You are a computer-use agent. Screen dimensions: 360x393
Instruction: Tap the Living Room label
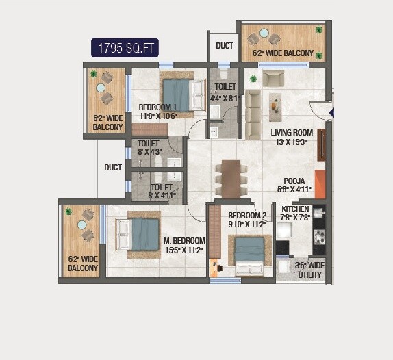[292, 137]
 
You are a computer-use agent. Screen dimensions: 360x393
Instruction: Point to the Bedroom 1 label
[157, 112]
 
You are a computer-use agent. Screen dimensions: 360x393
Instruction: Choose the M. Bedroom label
[184, 245]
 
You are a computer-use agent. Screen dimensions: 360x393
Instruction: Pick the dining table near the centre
[231, 179]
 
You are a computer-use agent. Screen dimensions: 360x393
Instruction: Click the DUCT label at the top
[224, 46]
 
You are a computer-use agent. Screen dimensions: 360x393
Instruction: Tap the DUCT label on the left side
[113, 167]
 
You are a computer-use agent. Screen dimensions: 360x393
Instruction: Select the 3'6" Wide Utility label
[309, 270]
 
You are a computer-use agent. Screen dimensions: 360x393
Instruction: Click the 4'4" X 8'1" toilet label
[225, 92]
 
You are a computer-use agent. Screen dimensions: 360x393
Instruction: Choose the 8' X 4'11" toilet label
[163, 191]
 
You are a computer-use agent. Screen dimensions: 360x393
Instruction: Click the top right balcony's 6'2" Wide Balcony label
[283, 53]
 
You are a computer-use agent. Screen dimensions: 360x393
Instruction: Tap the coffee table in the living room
[275, 103]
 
